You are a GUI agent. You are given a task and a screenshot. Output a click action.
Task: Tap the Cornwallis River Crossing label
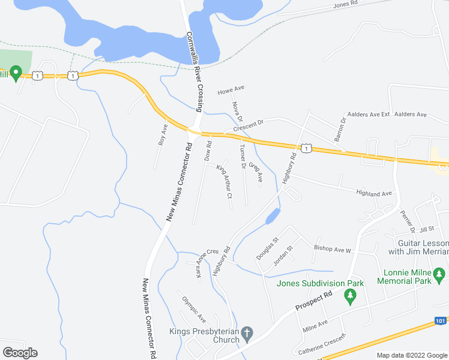(195, 71)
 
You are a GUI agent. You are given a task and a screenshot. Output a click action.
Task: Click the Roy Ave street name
(161, 135)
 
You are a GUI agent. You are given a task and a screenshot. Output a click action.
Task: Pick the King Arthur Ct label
(224, 179)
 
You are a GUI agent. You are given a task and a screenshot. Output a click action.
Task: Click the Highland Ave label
(373, 193)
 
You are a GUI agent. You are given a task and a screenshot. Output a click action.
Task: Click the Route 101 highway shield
(440, 321)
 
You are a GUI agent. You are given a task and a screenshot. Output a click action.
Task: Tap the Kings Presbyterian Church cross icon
(247, 332)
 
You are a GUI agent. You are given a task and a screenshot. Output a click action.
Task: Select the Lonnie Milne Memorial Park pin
(441, 275)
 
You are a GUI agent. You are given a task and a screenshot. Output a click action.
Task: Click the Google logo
(20, 353)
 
